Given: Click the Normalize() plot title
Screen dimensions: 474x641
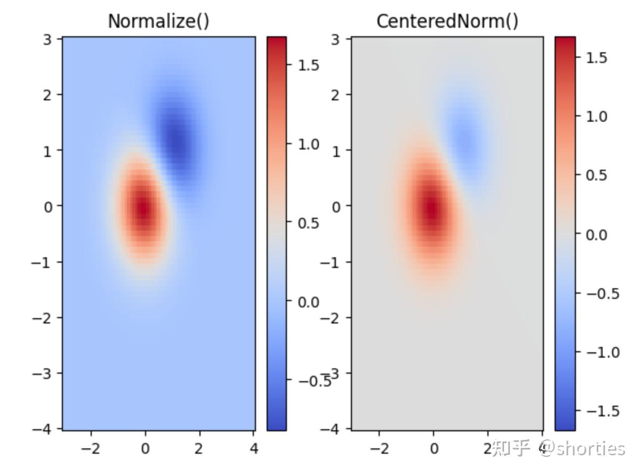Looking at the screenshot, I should [158, 21].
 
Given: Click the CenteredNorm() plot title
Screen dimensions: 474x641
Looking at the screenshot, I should [447, 21].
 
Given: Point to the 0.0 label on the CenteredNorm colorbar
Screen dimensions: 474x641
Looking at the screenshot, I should [596, 234].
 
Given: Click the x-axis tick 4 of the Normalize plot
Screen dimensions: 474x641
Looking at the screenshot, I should [254, 449].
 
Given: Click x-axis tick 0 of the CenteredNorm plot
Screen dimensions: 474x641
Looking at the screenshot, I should [434, 449].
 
